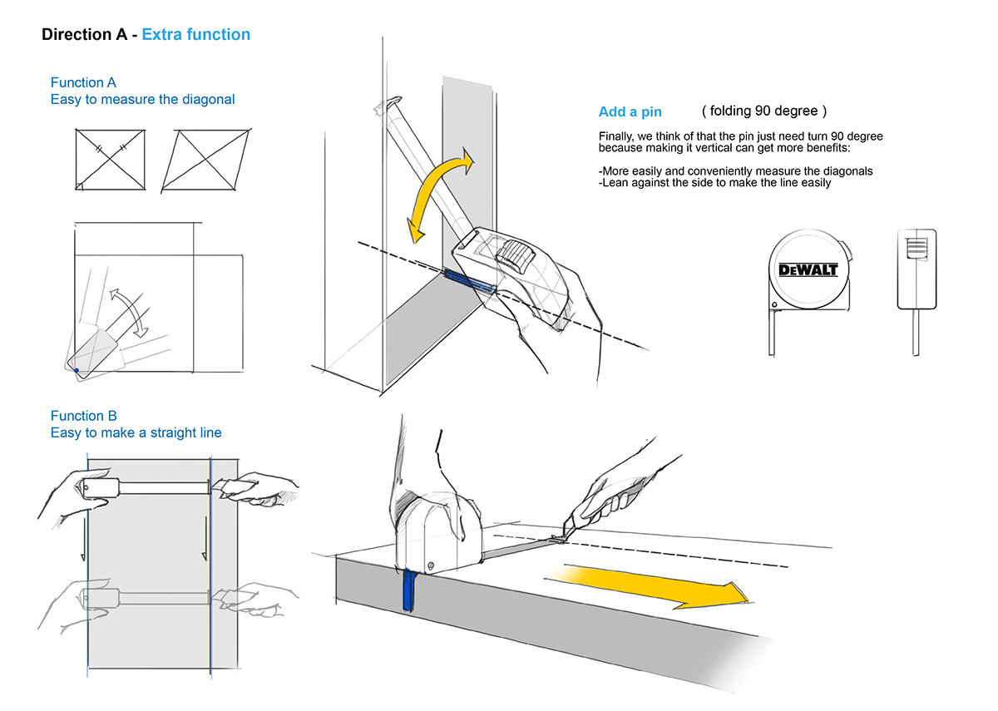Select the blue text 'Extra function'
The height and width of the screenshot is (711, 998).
point(195,35)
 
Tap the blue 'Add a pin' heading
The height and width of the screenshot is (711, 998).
point(630,112)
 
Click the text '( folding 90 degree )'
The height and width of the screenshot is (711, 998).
point(764,111)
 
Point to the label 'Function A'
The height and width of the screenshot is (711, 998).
point(83,82)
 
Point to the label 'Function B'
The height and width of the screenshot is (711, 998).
point(83,416)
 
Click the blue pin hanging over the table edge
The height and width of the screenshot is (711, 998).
point(408,590)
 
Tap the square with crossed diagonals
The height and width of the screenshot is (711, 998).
point(110,160)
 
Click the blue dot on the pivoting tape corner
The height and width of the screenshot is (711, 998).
point(76,370)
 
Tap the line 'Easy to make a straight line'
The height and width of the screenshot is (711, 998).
point(136,432)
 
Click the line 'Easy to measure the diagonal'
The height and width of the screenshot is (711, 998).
point(142,100)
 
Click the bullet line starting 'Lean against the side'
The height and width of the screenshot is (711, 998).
point(714,182)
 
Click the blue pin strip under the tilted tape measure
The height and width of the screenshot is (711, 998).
point(470,282)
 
